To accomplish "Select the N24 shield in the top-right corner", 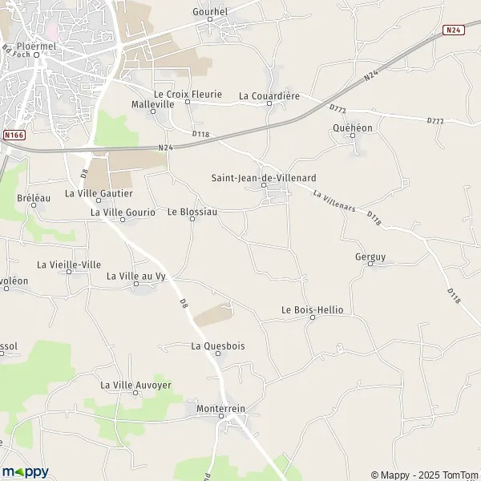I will click(454, 30).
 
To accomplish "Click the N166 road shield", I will click(14, 135).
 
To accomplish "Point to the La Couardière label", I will click(269, 96).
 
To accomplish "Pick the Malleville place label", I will click(152, 104).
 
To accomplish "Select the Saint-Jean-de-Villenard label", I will click(264, 178).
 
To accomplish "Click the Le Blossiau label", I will click(192, 212).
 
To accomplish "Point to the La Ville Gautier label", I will click(99, 193).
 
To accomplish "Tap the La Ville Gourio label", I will click(123, 212).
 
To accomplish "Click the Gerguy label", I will click(370, 257).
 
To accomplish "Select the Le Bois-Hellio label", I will click(312, 309).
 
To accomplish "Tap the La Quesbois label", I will click(218, 346).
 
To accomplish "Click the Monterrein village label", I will click(220, 409).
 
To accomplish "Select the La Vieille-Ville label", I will click(69, 265).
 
